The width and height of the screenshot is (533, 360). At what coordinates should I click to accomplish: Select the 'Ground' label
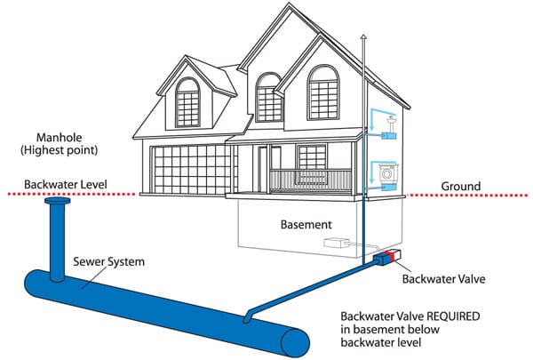click(x=462, y=186)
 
